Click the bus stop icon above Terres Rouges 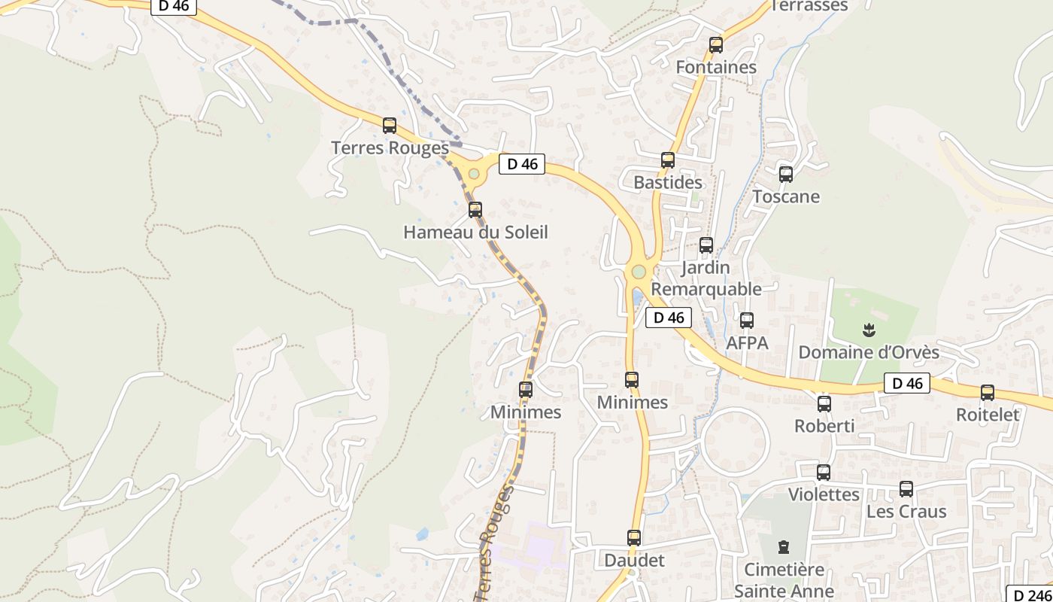[390, 126]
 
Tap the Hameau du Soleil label [475, 232]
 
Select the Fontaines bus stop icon [716, 45]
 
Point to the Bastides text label [668, 182]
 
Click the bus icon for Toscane [786, 175]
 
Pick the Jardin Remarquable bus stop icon [706, 245]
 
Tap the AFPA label [747, 343]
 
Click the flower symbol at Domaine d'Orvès [869, 330]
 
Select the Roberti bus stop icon [824, 404]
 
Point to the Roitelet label [988, 415]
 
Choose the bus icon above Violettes [824, 473]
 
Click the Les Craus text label [906, 512]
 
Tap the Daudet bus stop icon [634, 538]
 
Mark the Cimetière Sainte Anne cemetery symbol [784, 547]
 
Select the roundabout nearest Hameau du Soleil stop [474, 174]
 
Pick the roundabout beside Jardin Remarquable [639, 272]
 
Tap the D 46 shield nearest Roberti [906, 383]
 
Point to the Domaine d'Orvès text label [869, 352]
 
